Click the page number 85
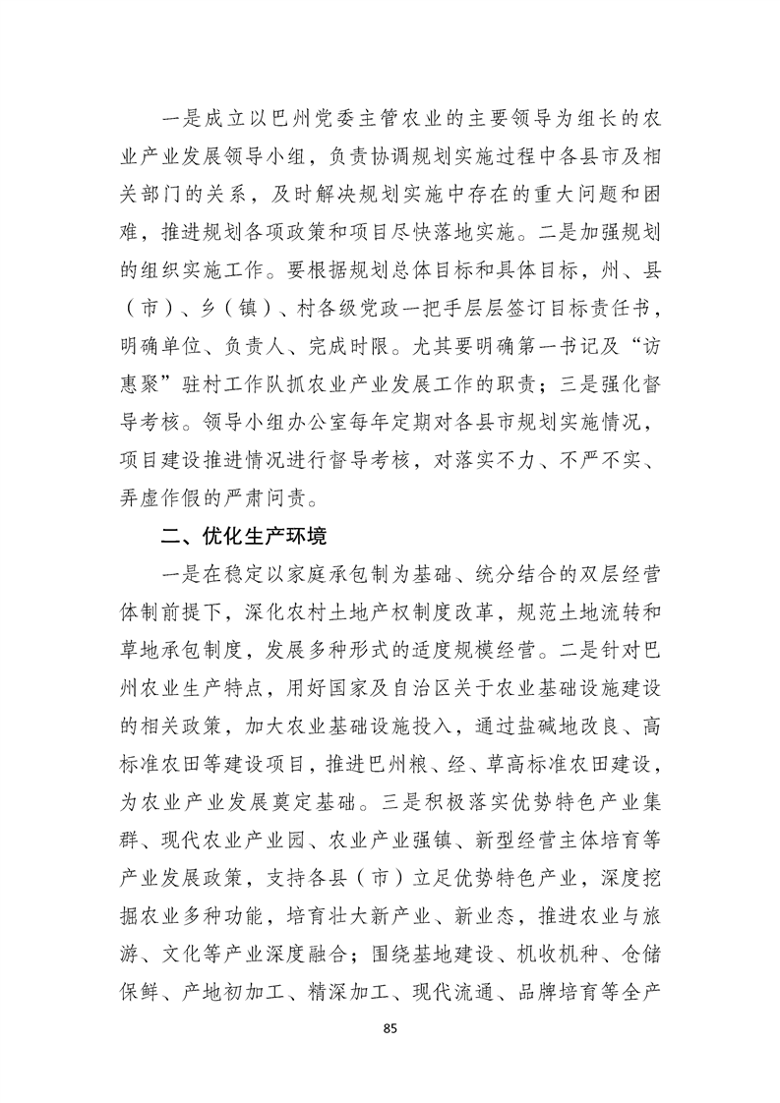[390, 1028]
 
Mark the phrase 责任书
[628, 283]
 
